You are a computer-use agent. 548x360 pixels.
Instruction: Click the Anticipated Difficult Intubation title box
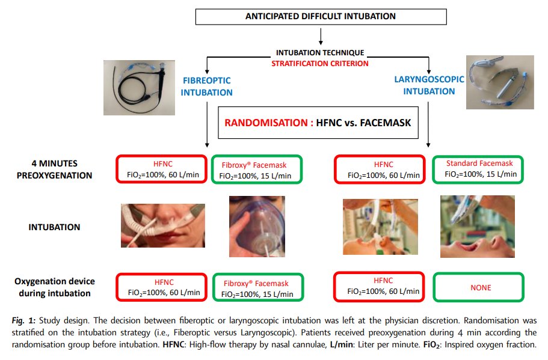[320, 16]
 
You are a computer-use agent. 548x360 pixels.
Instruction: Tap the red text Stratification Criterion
[320, 63]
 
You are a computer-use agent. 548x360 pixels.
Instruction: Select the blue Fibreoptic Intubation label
[206, 86]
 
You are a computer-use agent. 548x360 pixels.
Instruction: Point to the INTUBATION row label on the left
[54, 228]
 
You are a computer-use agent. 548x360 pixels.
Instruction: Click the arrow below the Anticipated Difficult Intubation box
[320, 38]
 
